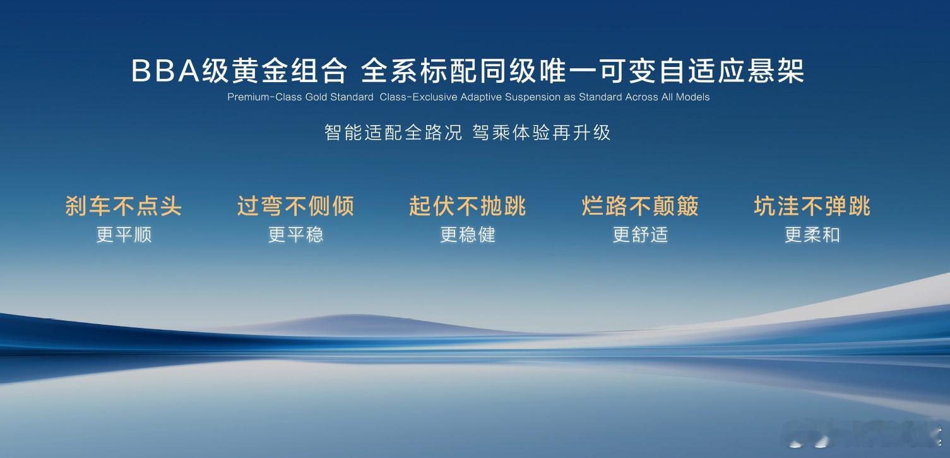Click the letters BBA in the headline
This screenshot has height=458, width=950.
pyautogui.click(x=165, y=71)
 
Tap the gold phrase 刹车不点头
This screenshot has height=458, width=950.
pyautogui.click(x=124, y=207)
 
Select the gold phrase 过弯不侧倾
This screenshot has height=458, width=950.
pyautogui.click(x=295, y=207)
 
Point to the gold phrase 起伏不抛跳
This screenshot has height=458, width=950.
pyautogui.click(x=467, y=207)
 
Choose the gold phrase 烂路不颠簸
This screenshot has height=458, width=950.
pyautogui.click(x=640, y=207)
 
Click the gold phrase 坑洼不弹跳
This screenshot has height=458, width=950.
pyautogui.click(x=812, y=207)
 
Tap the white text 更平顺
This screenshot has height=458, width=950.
pyautogui.click(x=124, y=235)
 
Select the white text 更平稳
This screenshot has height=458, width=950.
pyautogui.click(x=295, y=235)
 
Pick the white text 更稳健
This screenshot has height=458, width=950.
pyautogui.click(x=468, y=235)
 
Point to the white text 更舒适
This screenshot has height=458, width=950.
pyautogui.click(x=641, y=235)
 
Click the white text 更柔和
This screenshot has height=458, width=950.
pyautogui.click(x=812, y=235)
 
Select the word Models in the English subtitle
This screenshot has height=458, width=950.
pyautogui.click(x=692, y=97)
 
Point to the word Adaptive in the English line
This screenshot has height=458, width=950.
pyautogui.click(x=481, y=97)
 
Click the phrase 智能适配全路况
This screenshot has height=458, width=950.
pyautogui.click(x=393, y=133)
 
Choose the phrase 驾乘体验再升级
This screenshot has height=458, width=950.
pyautogui.click(x=541, y=133)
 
